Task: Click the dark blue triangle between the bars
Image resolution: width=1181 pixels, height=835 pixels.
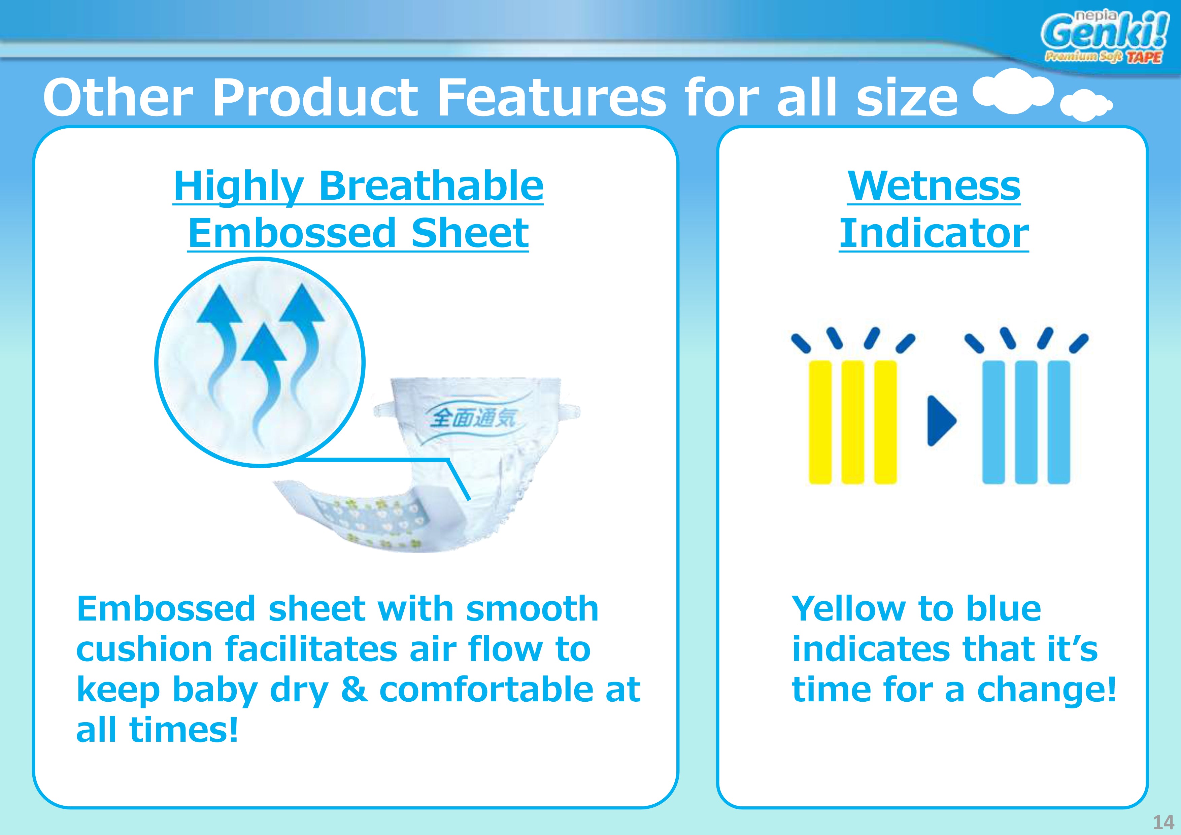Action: pos(941,420)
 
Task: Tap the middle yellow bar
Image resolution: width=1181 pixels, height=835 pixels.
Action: pos(853,422)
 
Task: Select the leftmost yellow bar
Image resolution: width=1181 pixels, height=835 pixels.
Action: pos(820,422)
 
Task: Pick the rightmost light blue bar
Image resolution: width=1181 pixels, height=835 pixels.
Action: pos(1058,422)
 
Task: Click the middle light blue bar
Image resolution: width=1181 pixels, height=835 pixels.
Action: pos(1026,422)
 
